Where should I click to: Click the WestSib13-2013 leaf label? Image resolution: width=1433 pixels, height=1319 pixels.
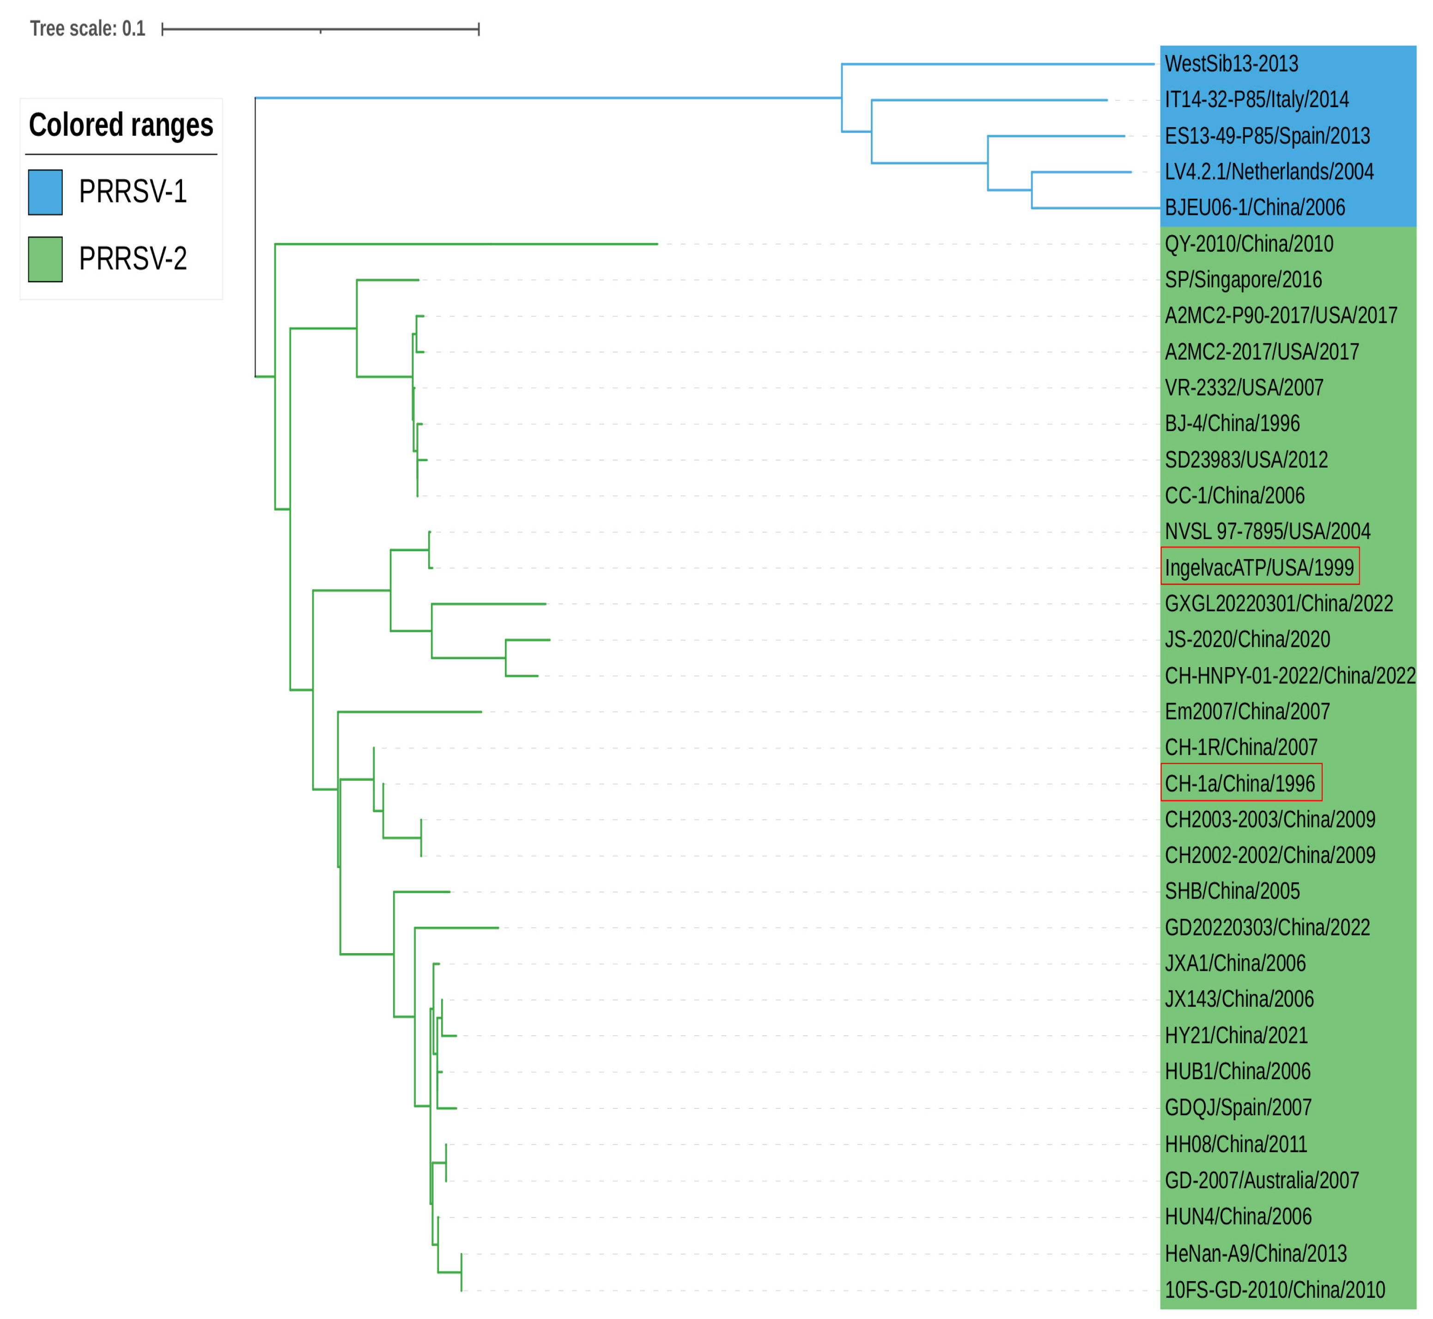tap(1231, 63)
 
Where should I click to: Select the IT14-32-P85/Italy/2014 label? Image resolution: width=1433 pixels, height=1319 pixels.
tap(1256, 99)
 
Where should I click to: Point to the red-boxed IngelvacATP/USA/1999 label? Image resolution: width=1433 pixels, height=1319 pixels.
tap(1259, 567)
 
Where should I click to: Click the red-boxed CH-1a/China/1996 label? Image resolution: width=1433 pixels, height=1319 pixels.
tap(1239, 784)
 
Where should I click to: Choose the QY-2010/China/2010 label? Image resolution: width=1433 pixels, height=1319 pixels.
tap(1248, 244)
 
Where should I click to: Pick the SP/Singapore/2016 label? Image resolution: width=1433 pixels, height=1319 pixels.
tap(1243, 280)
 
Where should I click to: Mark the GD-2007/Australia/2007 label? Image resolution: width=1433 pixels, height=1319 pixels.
tap(1261, 1180)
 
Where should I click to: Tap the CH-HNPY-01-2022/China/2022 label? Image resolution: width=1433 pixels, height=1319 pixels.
tap(1289, 675)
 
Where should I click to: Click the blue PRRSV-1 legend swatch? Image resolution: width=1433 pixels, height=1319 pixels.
tap(45, 192)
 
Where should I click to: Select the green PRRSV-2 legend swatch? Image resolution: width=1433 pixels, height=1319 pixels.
tap(45, 259)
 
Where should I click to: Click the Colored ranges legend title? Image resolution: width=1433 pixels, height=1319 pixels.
tap(121, 125)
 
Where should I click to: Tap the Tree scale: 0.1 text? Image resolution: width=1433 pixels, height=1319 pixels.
tap(87, 29)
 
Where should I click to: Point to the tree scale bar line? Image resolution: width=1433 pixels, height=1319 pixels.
tap(321, 29)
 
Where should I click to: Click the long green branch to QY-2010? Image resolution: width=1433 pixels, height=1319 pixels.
tap(464, 244)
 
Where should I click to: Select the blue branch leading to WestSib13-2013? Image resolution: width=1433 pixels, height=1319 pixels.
tap(999, 64)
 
